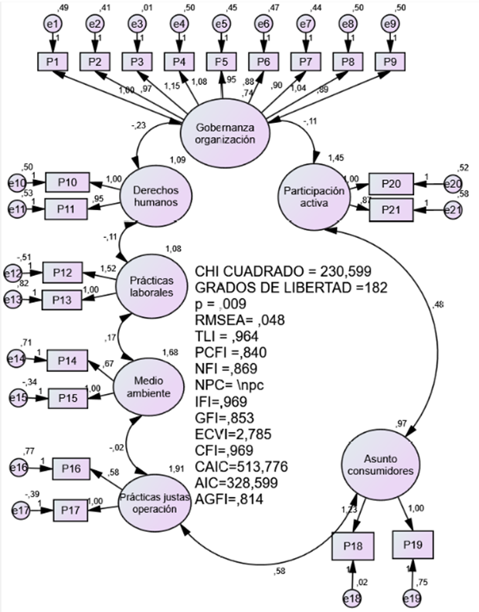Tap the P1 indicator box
pyautogui.click(x=53, y=61)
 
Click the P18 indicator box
pyautogui.click(x=352, y=546)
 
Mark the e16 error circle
pyautogui.click(x=21, y=468)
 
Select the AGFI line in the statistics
pyautogui.click(x=229, y=499)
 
